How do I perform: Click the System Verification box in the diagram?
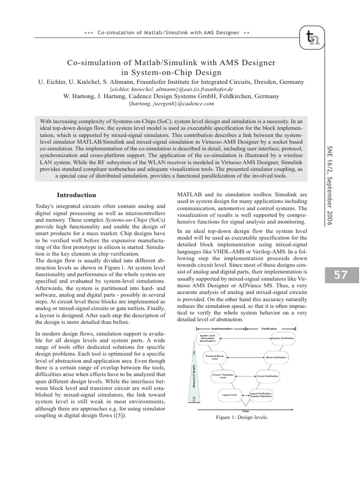[x=283, y=338]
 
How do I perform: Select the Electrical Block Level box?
[x=215, y=357]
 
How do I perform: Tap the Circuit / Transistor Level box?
[x=223, y=376]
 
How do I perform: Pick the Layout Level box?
[x=230, y=395]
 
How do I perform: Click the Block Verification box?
[x=276, y=357]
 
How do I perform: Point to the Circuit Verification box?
[x=268, y=376]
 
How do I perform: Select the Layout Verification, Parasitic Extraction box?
[x=261, y=395]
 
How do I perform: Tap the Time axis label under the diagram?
[x=245, y=411]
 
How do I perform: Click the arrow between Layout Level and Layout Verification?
[x=246, y=395]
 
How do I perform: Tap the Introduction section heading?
[x=76, y=195]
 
